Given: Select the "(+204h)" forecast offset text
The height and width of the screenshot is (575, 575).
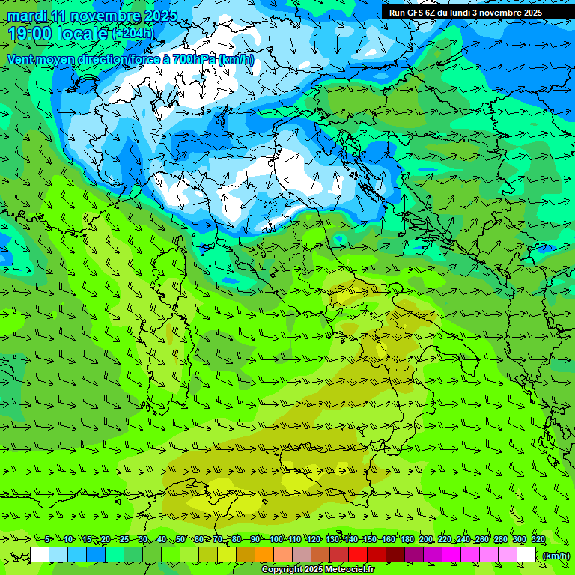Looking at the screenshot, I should (133, 33).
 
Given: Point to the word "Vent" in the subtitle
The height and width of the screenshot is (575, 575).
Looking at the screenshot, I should (22, 59).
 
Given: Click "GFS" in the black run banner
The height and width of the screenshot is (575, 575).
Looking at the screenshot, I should (416, 13).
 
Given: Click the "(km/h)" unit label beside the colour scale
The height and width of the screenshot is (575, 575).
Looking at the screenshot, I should (556, 555).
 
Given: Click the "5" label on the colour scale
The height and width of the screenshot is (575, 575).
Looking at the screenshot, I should (47, 539).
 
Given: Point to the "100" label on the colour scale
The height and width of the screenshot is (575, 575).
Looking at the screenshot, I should (276, 539).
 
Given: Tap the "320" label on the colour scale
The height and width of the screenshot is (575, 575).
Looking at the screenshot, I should (538, 539).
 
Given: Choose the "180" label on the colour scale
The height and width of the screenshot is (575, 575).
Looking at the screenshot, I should (407, 539).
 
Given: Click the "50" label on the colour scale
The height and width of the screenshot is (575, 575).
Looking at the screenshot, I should (180, 539).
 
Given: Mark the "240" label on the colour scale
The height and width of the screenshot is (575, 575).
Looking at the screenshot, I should (463, 539).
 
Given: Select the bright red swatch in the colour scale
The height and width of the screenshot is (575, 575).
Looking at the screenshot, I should (358, 555).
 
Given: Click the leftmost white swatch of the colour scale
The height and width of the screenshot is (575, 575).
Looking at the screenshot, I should (40, 555).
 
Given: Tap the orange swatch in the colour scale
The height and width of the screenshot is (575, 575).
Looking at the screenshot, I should (264, 555).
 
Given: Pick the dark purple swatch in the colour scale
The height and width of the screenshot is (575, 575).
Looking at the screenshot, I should (414, 555).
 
